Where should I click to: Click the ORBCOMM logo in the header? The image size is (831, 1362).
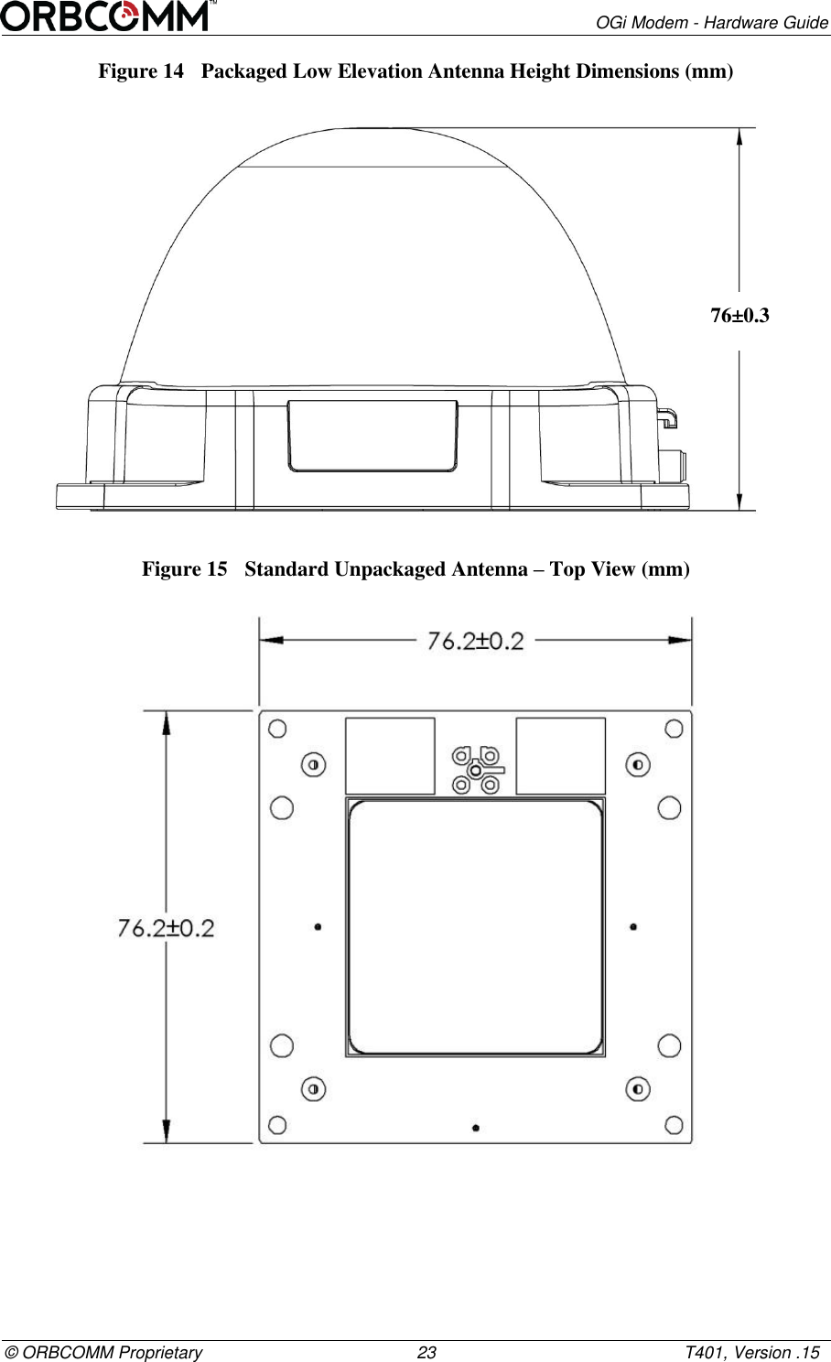pos(109,16)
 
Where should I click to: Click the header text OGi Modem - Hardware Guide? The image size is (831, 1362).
pos(712,22)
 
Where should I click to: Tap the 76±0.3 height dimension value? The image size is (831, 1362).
pos(739,316)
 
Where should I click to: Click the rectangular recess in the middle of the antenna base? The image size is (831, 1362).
pos(373,436)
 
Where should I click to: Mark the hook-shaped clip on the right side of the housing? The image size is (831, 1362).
pos(668,416)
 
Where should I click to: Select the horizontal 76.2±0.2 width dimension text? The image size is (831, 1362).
pos(475,641)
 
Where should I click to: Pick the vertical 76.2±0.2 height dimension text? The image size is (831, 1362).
pos(166,928)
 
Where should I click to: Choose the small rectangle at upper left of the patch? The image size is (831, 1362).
pos(390,755)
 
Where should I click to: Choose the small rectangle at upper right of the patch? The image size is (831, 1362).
pos(560,755)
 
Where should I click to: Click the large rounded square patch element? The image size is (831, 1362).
pos(475,927)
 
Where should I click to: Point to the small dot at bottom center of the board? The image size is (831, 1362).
pos(475,1128)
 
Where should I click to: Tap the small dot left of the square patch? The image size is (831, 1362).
pos(318,926)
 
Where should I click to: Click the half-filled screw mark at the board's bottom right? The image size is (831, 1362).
pos(637,1088)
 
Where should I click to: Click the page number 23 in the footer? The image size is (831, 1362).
pos(426,1353)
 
